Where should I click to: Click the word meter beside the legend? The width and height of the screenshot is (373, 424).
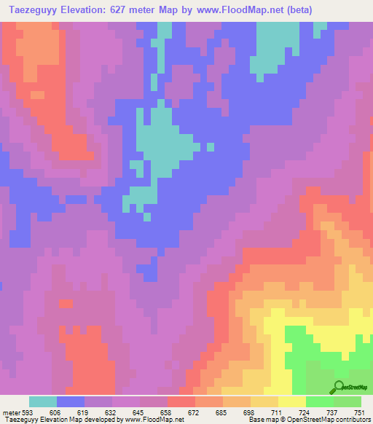[12, 412]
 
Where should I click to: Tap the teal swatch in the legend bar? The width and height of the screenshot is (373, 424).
[43, 401]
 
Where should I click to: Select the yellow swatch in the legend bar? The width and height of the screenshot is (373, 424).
[292, 401]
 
